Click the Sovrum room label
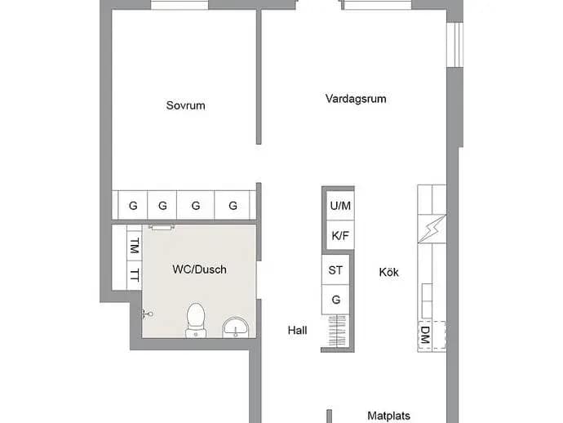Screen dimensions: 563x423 coord(186,105)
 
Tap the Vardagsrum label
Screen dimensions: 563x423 coord(356,99)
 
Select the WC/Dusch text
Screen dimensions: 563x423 coord(199,269)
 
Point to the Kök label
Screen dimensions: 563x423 coord(388,272)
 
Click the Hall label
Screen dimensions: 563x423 coord(297,330)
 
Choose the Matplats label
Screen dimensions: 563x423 coord(388,416)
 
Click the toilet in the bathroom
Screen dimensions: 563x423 coord(196,320)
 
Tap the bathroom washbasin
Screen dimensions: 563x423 coord(235,327)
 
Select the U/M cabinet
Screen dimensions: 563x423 coord(340,206)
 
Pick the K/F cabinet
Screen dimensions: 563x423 coord(340,235)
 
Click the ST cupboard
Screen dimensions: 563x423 coord(335,270)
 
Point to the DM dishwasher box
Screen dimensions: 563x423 coord(425,335)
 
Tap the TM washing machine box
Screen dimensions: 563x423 coord(135,246)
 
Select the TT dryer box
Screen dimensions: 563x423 coord(135,275)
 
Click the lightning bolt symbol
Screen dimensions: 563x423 coord(432,229)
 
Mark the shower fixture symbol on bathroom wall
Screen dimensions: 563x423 coord(148,314)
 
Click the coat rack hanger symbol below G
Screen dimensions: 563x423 coord(338,331)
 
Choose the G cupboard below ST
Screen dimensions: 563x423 coord(335,300)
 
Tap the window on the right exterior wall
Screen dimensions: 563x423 coord(455,45)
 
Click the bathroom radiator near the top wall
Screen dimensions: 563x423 coord(162,227)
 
